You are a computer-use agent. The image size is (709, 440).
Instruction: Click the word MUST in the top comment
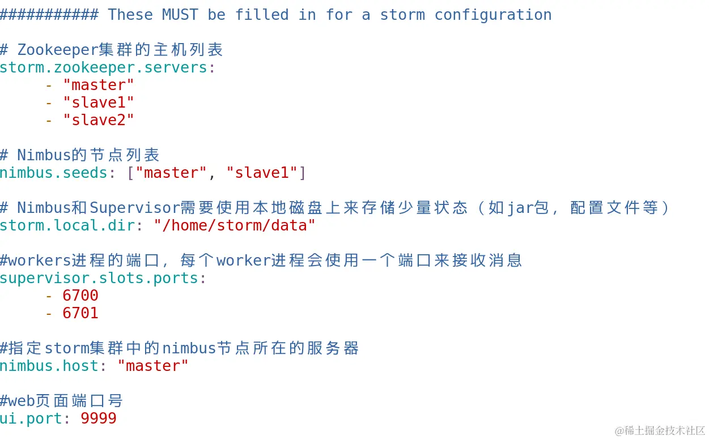point(180,15)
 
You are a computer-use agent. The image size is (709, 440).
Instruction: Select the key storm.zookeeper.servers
point(103,67)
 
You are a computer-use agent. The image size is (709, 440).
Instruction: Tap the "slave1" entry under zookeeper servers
point(99,102)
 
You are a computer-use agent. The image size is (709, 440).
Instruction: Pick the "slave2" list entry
point(99,120)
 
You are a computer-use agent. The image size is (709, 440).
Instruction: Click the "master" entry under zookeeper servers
point(99,85)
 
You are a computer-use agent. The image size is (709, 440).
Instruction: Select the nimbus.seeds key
point(53,173)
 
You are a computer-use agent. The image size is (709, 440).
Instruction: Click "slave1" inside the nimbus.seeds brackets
point(262,173)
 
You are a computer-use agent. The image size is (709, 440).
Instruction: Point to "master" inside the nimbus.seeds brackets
point(171,173)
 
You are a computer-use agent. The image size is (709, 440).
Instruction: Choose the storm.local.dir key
point(67,225)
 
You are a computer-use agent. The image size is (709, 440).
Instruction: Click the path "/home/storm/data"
point(235,225)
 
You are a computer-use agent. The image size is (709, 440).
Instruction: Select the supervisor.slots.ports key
point(99,278)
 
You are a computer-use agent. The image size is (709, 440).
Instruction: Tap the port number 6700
point(80,296)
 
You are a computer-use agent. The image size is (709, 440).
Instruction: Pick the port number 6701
point(80,313)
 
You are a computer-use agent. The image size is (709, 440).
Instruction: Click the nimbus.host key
point(49,366)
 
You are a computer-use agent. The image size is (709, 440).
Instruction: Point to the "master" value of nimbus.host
point(153,366)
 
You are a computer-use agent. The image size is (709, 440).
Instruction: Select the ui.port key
point(31,418)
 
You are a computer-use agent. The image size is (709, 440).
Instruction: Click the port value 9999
point(99,418)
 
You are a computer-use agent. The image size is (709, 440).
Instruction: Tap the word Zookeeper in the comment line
point(58,50)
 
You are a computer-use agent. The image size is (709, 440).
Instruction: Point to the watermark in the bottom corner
point(660,430)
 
